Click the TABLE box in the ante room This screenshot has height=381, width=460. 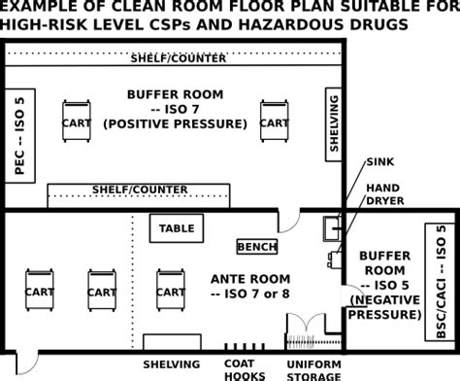point(178,229)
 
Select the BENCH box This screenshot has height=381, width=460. point(257,247)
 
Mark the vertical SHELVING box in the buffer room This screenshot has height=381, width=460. point(334,123)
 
